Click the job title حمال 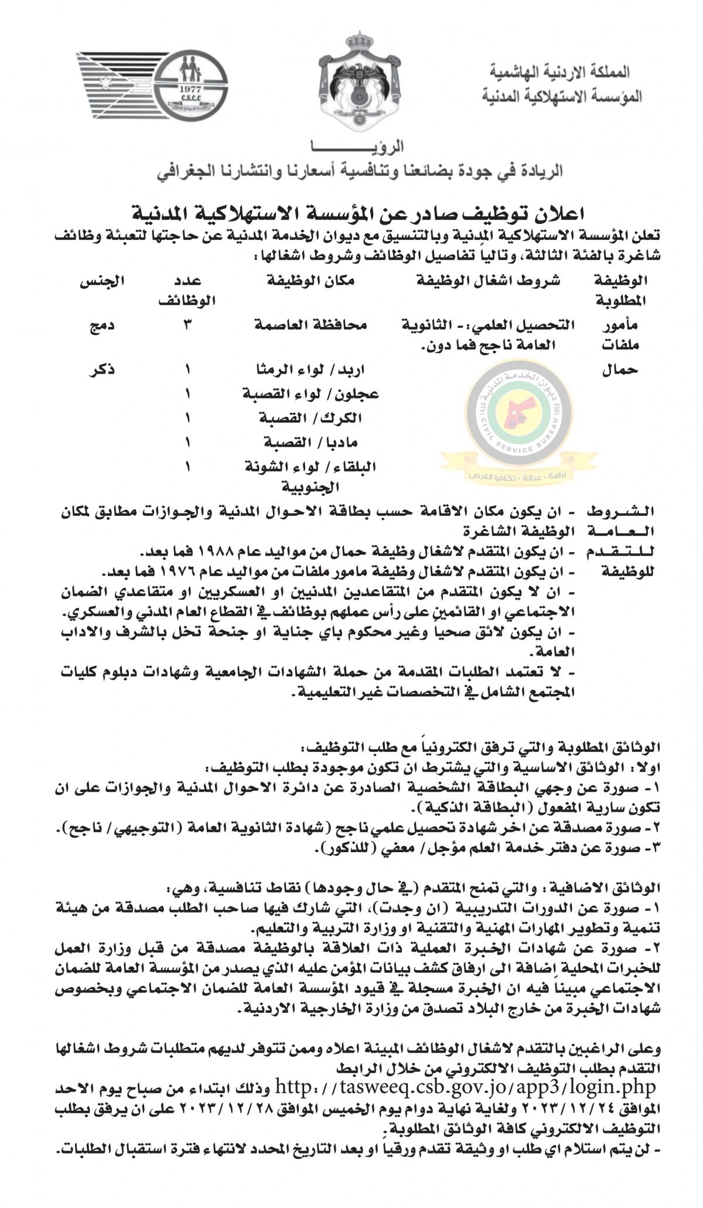620,370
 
